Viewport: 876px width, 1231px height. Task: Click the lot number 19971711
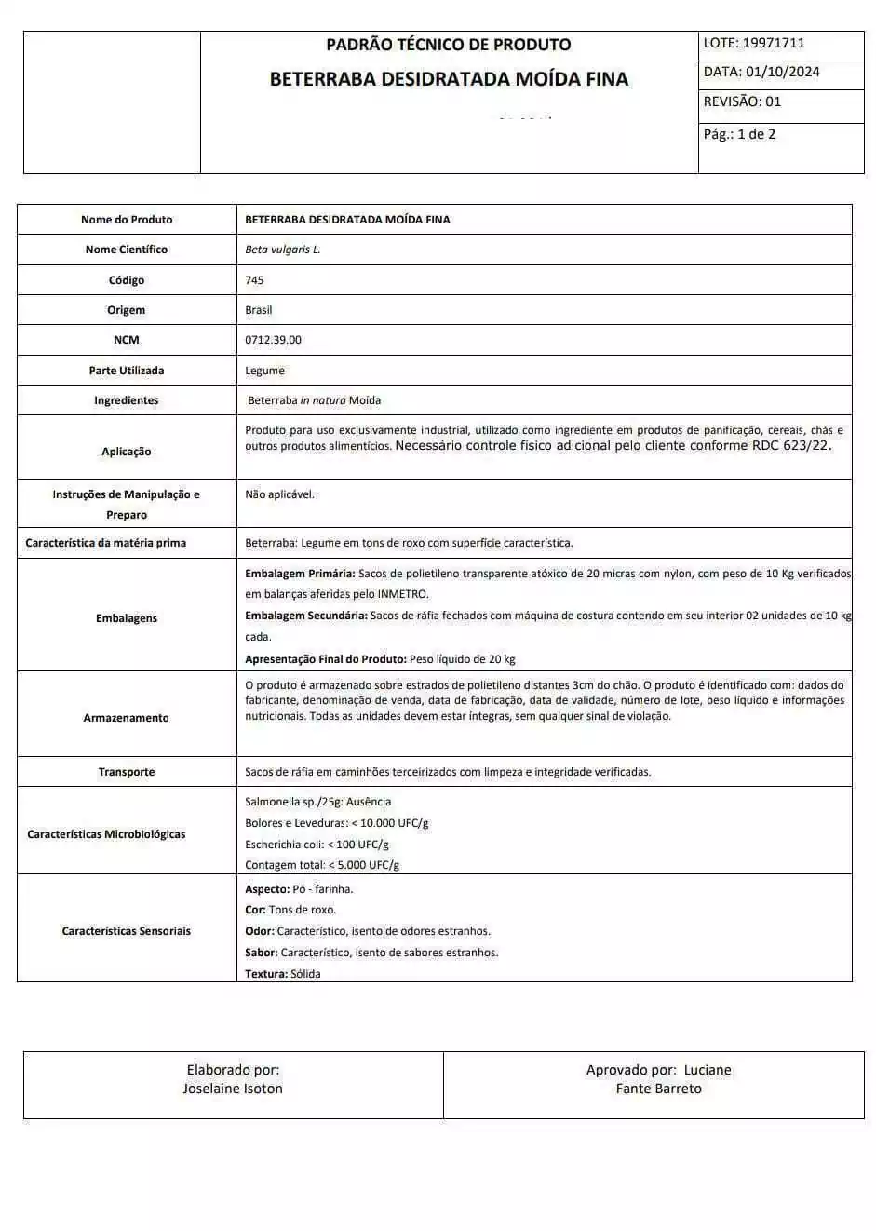pos(774,43)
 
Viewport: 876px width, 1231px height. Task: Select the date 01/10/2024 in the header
pos(782,72)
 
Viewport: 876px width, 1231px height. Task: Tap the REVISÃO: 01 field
pos(742,101)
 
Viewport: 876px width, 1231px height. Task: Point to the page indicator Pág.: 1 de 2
pos(739,134)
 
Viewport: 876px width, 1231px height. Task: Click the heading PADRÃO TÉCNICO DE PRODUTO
pos(448,45)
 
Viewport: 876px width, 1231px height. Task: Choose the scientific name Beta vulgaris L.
pos(282,250)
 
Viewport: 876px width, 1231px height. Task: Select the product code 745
pos(254,280)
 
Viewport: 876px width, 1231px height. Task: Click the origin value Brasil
pos(258,310)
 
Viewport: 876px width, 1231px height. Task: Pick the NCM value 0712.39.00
pos(273,340)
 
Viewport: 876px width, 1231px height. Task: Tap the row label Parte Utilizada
pos(127,371)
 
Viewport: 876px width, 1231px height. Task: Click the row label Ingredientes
pos(127,400)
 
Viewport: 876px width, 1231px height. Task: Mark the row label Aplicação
pos(127,452)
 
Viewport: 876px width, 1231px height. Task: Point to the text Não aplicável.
pos(279,494)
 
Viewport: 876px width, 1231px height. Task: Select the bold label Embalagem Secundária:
pos(306,615)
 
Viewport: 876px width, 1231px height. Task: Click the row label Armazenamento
pos(127,718)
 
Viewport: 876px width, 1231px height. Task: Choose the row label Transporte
pos(127,772)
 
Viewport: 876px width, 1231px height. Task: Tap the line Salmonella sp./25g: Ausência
pos(317,802)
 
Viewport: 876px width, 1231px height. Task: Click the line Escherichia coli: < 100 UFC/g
pos(317,845)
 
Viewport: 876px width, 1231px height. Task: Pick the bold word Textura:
pos(265,974)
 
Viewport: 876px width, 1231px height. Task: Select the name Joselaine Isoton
pos(233,1089)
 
